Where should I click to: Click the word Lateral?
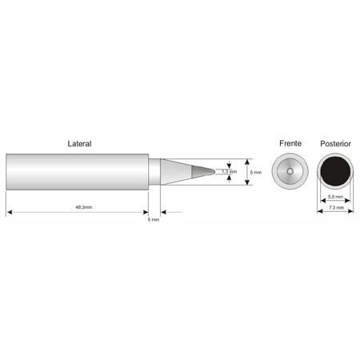coord(79,144)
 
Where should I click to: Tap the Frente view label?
coord(290,143)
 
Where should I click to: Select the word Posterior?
coord(335,144)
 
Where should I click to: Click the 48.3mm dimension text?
coord(84,207)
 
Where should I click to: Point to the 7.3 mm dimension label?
coord(336,207)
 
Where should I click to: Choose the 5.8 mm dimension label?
coord(335,197)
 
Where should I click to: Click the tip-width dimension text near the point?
coord(230,171)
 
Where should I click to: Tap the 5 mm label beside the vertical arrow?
coord(256,173)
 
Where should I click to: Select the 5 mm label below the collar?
coord(154,219)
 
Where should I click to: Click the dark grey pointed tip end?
coord(202,171)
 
